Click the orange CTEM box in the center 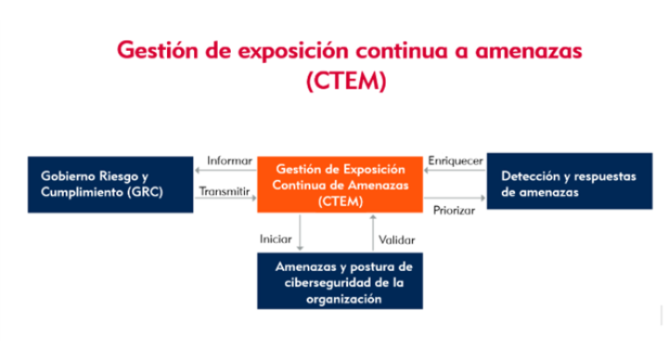(x=340, y=185)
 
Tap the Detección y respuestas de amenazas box (x=567, y=183)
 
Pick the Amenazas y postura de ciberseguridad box (x=340, y=282)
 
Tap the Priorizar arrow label (x=454, y=210)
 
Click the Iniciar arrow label (x=276, y=239)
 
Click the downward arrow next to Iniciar (x=299, y=232)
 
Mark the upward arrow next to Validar (x=372, y=232)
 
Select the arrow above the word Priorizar (x=455, y=199)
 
